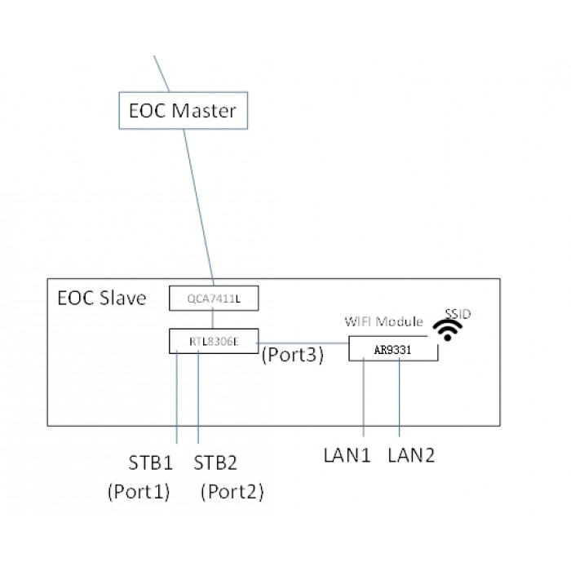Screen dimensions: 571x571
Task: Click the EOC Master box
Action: coord(184,110)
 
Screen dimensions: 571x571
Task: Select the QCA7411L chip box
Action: coord(214,299)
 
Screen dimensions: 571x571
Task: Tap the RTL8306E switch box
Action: coord(214,341)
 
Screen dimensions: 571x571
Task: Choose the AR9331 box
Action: coord(393,348)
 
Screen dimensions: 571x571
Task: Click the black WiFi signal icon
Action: coord(448,330)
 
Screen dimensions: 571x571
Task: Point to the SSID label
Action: coord(458,313)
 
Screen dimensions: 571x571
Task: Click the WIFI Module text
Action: coord(383,321)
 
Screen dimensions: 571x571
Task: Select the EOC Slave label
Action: coord(102,298)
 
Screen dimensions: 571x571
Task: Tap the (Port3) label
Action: coord(292,354)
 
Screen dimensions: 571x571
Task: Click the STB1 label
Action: coord(150,463)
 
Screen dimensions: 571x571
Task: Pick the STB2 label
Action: coord(215,463)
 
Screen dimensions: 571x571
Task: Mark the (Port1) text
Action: coord(139,492)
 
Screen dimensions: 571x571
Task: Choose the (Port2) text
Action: coord(232,492)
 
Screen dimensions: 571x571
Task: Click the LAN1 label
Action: coord(347,455)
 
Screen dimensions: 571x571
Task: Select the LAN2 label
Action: coord(411,455)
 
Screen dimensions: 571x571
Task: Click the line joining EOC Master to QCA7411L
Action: coord(198,207)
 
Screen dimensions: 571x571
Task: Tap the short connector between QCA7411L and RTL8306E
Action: coord(213,320)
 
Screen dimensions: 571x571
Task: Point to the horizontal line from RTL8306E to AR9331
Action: coord(303,343)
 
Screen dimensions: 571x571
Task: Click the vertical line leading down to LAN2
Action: coord(400,397)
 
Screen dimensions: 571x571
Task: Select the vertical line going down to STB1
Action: coord(177,397)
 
